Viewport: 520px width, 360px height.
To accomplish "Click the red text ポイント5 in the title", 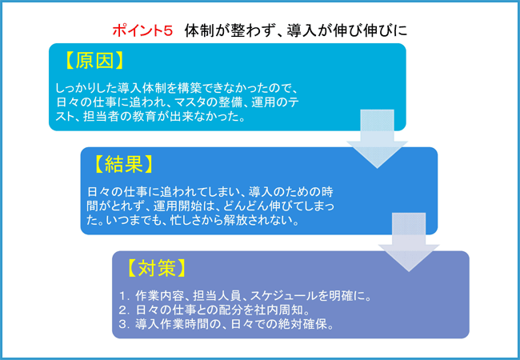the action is pos(142,31).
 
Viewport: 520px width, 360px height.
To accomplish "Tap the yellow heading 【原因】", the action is pos(94,61).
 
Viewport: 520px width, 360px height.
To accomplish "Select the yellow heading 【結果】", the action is pos(123,164).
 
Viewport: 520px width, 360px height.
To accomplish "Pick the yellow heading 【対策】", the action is pos(155,268).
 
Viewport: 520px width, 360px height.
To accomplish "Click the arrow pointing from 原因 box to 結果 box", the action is pos(377,139).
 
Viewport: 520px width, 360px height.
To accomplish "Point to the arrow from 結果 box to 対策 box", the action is pos(409,242).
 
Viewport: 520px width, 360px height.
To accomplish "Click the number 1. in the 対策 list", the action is pos(124,296).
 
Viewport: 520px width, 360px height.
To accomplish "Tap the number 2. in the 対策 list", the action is pos(124,310).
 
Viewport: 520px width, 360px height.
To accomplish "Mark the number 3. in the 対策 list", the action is pos(124,324).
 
